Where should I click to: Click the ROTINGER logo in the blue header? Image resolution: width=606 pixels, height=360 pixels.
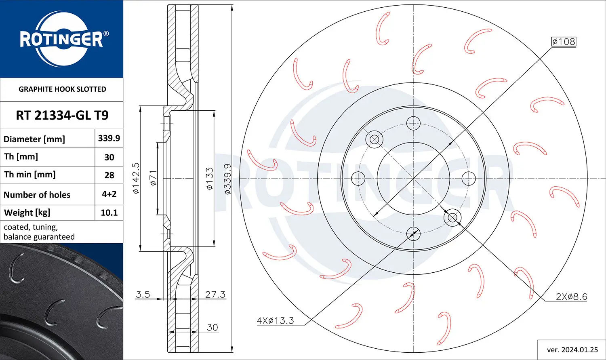61,39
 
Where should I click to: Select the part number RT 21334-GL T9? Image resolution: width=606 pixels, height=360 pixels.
62,116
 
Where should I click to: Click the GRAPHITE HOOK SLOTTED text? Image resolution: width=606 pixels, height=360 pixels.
62,89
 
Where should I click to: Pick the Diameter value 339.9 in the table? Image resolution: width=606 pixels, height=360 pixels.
109,138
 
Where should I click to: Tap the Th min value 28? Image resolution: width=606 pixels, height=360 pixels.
109,175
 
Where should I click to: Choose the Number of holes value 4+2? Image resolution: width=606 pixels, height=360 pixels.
109,194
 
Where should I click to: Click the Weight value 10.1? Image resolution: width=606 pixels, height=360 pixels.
109,213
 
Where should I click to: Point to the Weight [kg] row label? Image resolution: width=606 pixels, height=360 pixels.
27,213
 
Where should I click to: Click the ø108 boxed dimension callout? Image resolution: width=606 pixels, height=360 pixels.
564,42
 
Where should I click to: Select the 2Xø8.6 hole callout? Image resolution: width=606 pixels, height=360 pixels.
571,297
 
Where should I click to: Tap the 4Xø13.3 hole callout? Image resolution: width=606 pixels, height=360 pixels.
276,321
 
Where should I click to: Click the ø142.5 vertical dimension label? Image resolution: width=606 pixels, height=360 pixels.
136,178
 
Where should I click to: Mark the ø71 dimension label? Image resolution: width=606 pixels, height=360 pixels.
153,178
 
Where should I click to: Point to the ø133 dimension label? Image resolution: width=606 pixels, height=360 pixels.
209,179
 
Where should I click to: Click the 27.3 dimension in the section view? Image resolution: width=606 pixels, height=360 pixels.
215,295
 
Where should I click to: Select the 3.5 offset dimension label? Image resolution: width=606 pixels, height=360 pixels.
143,295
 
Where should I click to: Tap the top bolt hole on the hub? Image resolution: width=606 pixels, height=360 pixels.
413,123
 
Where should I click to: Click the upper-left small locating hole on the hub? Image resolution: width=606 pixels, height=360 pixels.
374,139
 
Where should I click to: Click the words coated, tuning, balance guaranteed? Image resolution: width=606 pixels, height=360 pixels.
39,232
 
